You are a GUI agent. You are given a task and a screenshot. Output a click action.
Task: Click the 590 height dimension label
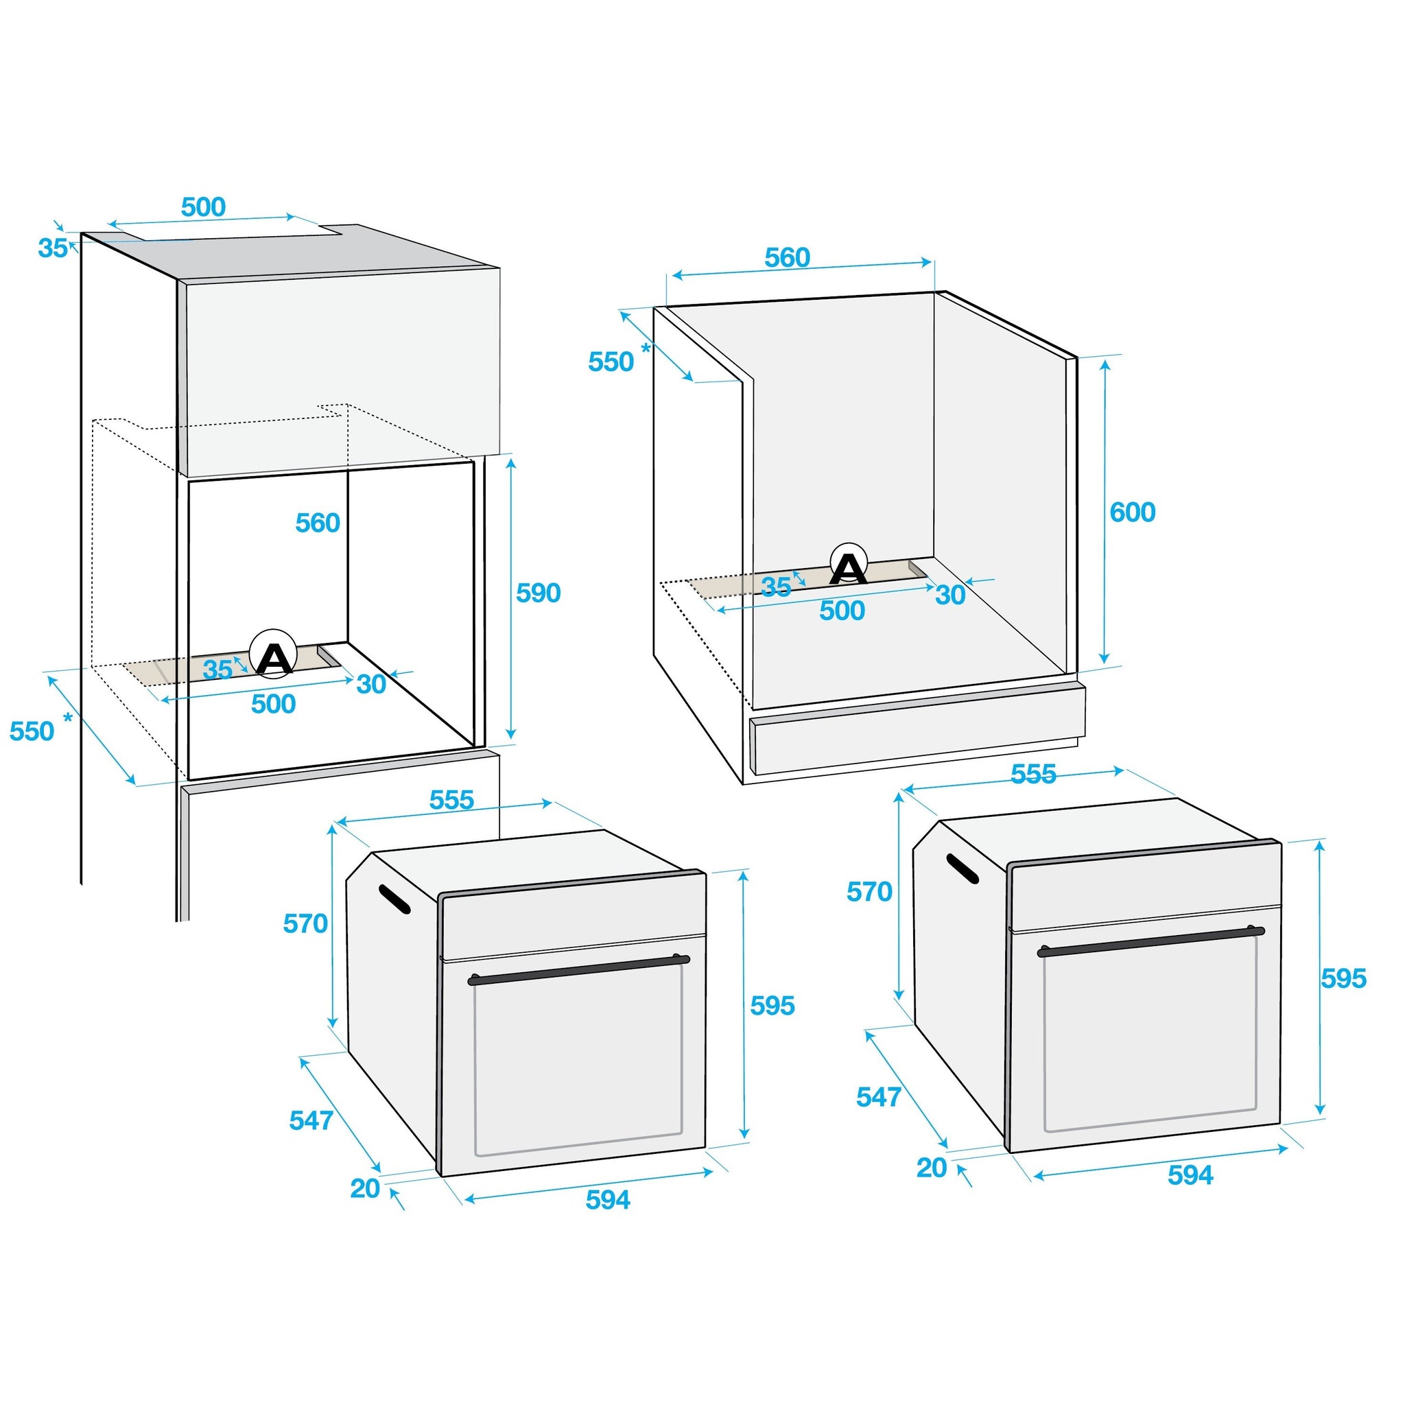538,593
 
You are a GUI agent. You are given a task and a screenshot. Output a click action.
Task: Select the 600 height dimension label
1132,512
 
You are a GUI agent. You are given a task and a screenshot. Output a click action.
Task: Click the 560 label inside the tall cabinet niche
318,523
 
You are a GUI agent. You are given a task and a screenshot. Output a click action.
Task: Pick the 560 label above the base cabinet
787,257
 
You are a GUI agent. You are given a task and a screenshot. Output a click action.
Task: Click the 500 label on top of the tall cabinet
204,207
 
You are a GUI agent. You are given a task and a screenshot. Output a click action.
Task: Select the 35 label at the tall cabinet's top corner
52,248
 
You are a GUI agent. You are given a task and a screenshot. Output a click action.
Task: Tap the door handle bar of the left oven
578,969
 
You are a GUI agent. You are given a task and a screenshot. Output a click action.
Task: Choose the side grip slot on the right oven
962,869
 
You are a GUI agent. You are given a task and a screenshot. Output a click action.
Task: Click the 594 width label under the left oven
608,1200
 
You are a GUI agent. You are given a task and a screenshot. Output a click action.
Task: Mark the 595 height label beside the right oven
1344,979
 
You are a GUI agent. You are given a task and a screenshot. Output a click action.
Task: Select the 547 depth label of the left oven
311,1121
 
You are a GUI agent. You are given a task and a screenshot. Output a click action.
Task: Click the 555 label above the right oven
1033,775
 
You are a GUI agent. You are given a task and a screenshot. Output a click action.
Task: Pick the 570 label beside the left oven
305,923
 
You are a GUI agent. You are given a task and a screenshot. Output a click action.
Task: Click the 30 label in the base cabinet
950,595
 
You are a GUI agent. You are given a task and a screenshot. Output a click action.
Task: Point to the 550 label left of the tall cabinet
32,731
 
